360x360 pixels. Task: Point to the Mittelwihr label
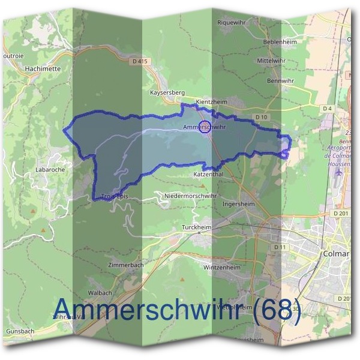click(271, 61)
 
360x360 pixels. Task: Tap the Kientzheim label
click(211, 102)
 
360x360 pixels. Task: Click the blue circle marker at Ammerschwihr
click(204, 127)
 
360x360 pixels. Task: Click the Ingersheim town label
click(239, 203)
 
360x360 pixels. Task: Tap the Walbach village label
click(100, 292)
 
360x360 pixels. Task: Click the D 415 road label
click(139, 61)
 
